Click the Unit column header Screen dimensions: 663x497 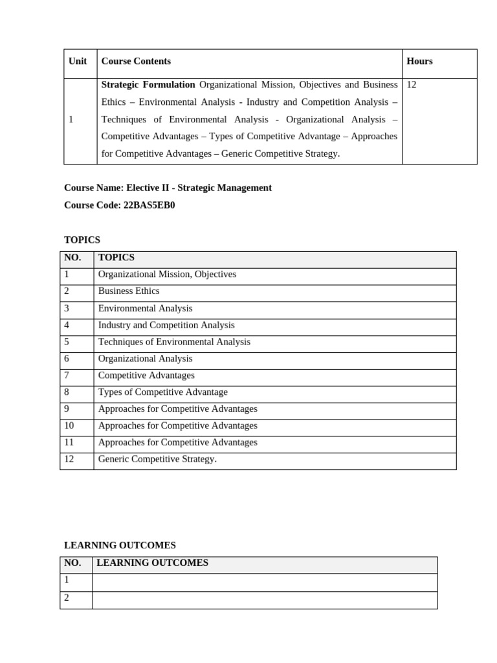[x=78, y=62]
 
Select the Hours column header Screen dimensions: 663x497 [x=419, y=62]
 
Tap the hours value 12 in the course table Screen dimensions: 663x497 [x=412, y=85]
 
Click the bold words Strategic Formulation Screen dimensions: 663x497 [x=148, y=85]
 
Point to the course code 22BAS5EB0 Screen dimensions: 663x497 [x=149, y=205]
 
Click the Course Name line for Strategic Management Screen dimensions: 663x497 [x=168, y=188]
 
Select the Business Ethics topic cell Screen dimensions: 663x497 [x=129, y=291]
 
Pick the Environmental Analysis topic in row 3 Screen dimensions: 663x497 [x=145, y=308]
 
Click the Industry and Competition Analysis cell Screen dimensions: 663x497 [x=166, y=325]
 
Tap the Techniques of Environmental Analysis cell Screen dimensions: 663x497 [x=174, y=342]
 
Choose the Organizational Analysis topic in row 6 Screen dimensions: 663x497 [x=145, y=359]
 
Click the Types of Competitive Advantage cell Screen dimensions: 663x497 [x=163, y=392]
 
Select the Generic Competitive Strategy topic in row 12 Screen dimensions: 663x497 [x=157, y=460]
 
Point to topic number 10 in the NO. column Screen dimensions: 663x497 [x=70, y=426]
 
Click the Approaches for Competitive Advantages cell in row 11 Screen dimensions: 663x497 [x=178, y=443]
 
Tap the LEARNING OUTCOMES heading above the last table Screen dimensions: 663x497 [x=120, y=546]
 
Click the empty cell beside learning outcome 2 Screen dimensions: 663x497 [x=264, y=600]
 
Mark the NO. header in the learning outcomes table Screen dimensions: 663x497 [x=72, y=563]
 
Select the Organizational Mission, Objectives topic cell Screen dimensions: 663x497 [x=167, y=275]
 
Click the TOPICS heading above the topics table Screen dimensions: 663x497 [x=82, y=240]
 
